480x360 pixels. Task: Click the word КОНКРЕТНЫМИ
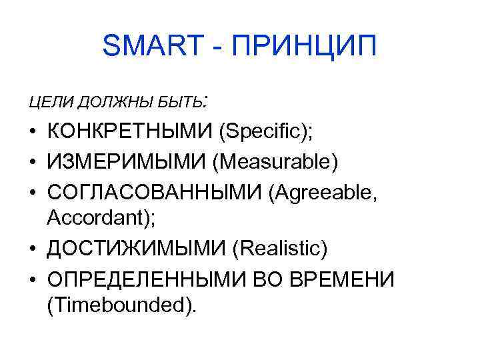(x=129, y=132)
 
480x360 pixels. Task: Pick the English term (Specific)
(x=265, y=132)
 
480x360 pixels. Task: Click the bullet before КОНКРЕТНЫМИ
(x=33, y=133)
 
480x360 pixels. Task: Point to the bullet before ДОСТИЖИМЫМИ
(x=33, y=249)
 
